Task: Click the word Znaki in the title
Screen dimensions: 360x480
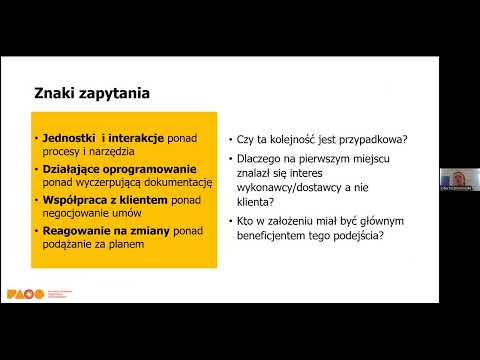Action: [x=55, y=94]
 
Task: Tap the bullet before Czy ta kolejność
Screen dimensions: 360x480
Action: [x=230, y=139]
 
